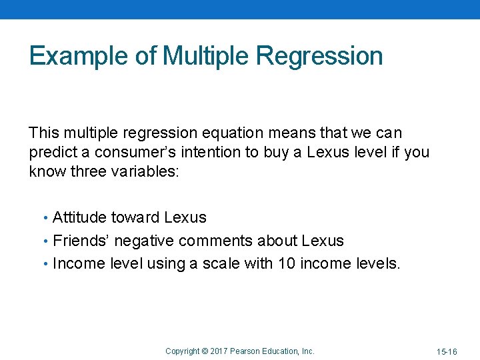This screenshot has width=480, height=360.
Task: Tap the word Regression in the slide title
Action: tap(319, 56)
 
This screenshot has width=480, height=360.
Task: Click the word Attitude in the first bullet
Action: tap(79, 217)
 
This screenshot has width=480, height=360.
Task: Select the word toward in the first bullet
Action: tap(135, 217)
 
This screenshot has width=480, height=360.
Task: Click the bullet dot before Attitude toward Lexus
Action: tap(45, 218)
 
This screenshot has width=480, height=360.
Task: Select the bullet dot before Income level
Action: tap(45, 264)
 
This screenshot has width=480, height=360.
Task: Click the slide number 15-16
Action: tap(446, 351)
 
